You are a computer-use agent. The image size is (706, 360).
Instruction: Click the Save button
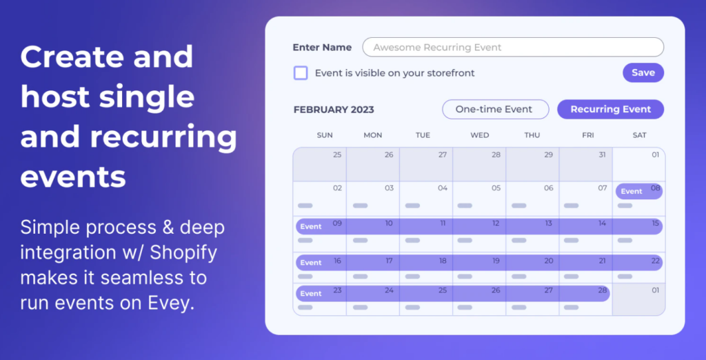coord(643,72)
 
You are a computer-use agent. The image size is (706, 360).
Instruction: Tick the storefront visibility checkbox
coord(301,73)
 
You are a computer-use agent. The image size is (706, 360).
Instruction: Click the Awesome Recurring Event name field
coord(513,48)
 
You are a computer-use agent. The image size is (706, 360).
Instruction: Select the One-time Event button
coord(495,110)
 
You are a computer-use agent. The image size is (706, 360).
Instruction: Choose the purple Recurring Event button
coord(611,110)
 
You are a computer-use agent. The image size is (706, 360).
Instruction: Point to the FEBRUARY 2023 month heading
coord(334,110)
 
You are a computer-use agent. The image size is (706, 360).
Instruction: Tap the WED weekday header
coord(480,135)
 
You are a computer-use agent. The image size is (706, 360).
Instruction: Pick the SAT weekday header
coord(639,135)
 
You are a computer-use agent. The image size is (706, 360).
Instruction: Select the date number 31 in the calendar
coord(603,155)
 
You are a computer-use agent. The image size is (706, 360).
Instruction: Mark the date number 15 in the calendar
coord(655,223)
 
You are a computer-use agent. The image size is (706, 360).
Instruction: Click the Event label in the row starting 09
coord(311,227)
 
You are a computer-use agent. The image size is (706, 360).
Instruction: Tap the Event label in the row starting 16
coord(311,263)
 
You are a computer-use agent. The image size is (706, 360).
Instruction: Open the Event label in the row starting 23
coord(311,293)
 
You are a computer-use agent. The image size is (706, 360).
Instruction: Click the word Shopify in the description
coord(183,253)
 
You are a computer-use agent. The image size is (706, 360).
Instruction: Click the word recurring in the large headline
coord(163,137)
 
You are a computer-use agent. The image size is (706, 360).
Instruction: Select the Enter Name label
coord(322,48)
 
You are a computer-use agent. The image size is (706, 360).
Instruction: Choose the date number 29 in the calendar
coord(548,155)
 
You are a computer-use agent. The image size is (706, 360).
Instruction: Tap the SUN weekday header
coord(325,135)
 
